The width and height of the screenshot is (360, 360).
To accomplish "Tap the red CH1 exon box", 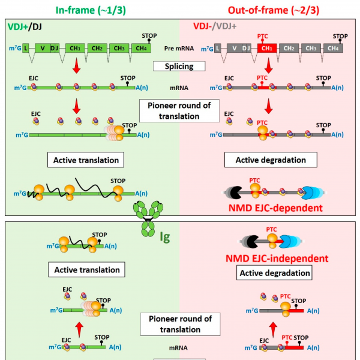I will (268, 48).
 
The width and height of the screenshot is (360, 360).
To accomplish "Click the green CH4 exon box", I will (140, 48).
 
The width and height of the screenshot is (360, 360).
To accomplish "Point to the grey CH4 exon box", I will (333, 48).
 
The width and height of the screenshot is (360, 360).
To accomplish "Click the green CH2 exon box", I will (95, 48).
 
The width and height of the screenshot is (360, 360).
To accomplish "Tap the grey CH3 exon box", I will (311, 48).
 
